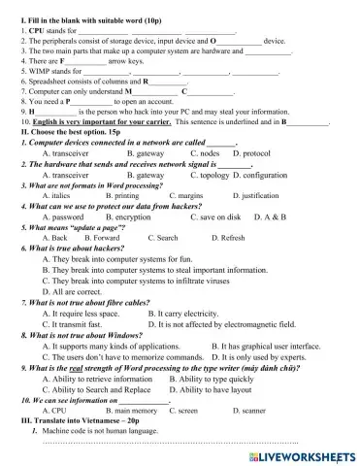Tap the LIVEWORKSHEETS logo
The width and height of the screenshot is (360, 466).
(x=302, y=453)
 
